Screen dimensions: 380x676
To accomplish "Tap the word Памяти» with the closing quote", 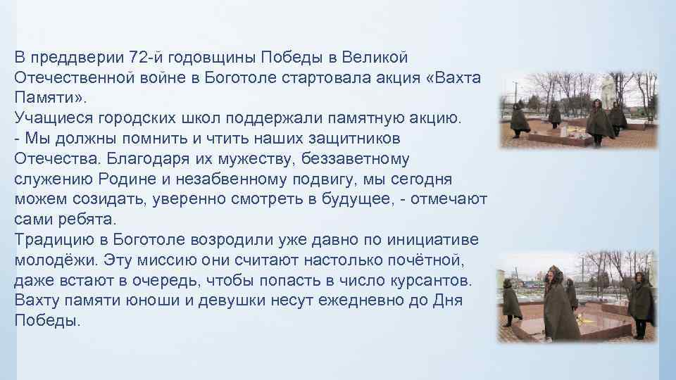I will click(48, 97).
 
